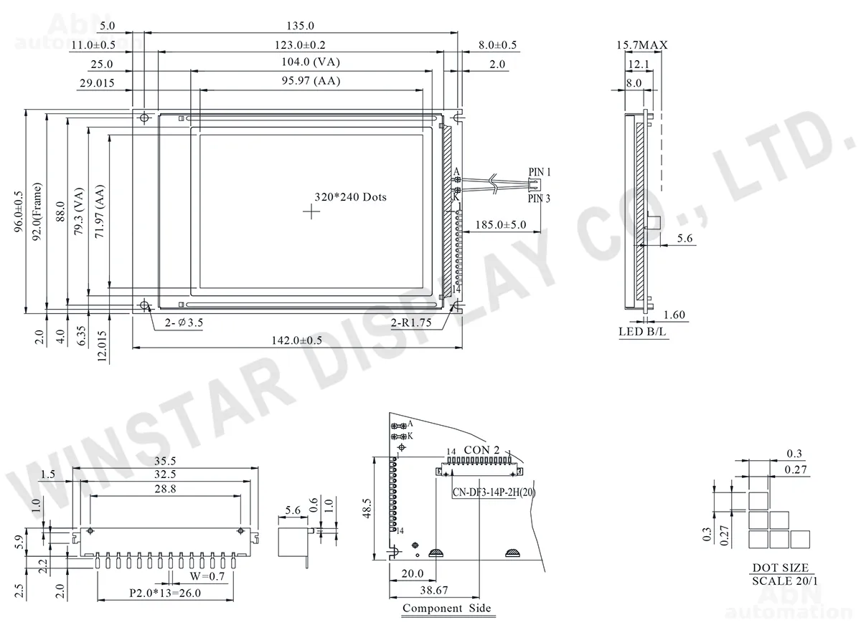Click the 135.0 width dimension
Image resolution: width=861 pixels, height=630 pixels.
click(300, 26)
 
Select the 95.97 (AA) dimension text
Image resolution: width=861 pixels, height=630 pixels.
click(311, 80)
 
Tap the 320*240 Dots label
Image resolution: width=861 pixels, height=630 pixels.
click(351, 197)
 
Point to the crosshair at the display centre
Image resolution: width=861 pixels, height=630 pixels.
click(311, 211)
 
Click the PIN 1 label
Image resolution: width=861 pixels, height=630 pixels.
click(540, 172)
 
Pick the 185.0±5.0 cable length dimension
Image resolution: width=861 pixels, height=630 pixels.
click(501, 224)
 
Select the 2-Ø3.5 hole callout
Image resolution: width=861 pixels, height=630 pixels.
click(184, 323)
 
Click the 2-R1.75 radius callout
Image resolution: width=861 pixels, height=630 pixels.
click(411, 323)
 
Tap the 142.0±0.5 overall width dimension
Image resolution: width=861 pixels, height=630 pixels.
click(297, 340)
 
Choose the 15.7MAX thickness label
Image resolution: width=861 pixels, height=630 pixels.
click(642, 45)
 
